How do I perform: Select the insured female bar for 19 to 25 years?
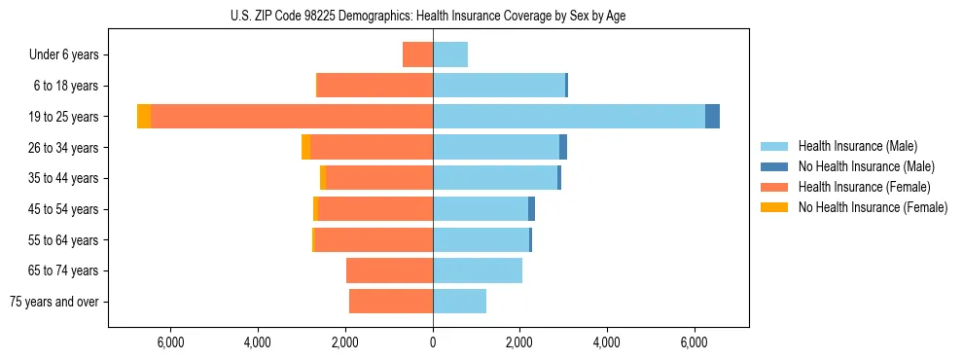[292, 116]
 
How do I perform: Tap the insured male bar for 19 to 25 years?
[569, 116]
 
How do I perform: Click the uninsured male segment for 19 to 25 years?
[712, 116]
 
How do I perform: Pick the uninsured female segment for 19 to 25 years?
[144, 116]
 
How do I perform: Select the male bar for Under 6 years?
[450, 54]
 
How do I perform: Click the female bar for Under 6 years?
[418, 54]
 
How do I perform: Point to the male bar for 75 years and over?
[459, 302]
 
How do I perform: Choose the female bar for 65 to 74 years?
[389, 270]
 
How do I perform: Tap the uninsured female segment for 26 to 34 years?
[305, 147]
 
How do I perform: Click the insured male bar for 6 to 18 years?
[499, 86]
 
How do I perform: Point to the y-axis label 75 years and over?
[54, 302]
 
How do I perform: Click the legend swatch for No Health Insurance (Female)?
[774, 207]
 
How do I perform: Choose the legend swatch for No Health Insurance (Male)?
[774, 166]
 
